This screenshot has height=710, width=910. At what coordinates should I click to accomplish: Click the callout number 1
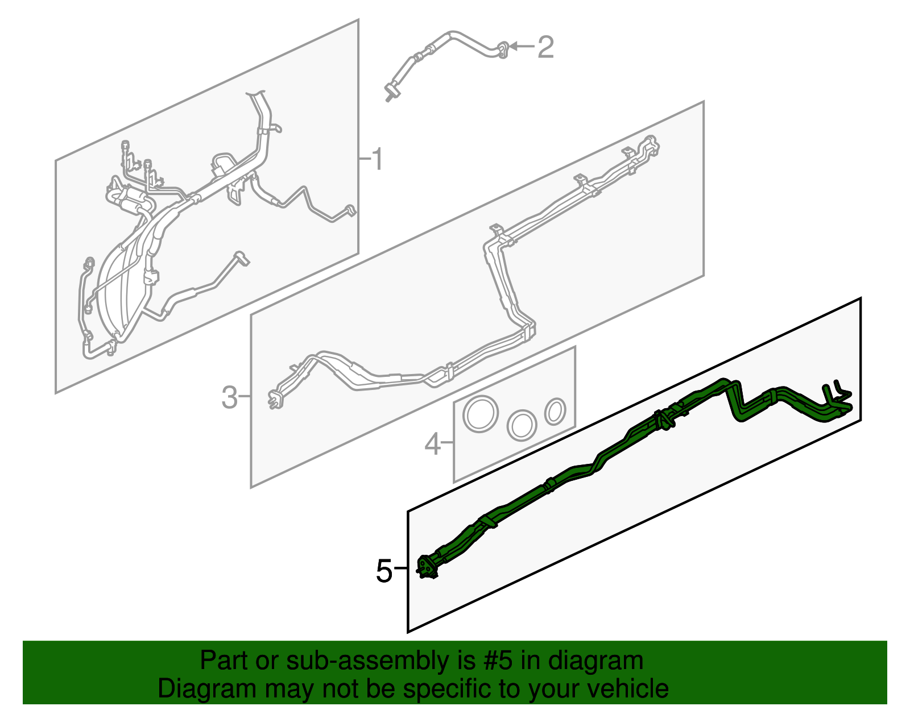tap(378, 159)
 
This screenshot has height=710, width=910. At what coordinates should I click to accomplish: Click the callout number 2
tap(545, 47)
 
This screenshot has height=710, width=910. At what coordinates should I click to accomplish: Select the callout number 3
tap(229, 397)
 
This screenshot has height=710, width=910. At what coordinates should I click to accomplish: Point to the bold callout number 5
tap(384, 571)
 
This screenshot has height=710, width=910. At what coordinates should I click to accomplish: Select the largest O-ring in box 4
tap(481, 414)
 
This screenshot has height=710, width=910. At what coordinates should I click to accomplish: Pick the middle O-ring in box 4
tap(522, 426)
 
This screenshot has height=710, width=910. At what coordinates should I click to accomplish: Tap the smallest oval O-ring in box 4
tap(555, 412)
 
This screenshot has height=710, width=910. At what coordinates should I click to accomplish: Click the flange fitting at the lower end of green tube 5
tap(427, 568)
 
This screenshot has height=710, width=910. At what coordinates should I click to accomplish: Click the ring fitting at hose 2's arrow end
tap(503, 50)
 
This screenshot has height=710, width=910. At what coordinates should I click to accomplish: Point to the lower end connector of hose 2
tap(390, 93)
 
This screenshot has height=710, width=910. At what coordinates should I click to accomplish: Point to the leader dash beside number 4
tap(447, 442)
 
